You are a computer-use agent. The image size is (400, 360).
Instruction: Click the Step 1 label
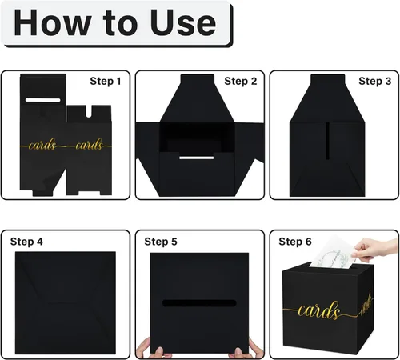pos(106,81)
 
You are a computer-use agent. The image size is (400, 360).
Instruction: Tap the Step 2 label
pos(241,81)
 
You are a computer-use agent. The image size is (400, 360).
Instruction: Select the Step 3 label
pos(374,81)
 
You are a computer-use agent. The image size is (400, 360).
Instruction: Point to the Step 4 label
pos(26,242)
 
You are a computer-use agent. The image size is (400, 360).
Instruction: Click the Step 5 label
pos(161,242)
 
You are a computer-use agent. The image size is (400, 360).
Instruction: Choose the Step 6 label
pos(295,242)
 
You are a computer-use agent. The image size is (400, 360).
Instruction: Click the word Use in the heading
pos(182,22)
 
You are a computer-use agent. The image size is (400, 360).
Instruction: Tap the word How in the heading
pos(52,22)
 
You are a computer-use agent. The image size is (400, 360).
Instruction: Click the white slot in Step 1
pos(43,100)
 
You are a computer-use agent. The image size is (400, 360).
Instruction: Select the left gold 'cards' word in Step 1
pos(42,145)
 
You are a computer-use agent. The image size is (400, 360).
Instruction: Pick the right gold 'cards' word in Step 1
pos(89,145)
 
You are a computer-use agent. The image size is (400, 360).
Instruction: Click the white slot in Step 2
pos(197,158)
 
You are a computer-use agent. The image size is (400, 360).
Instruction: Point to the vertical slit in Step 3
pos(327,141)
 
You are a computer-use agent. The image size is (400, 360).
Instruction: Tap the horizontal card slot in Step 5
pos(199,303)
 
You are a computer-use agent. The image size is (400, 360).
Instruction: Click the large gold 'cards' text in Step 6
pos(318,310)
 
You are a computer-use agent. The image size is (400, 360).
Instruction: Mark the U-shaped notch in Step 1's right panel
pos(89,111)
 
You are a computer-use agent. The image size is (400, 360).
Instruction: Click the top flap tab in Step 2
pos(198,79)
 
